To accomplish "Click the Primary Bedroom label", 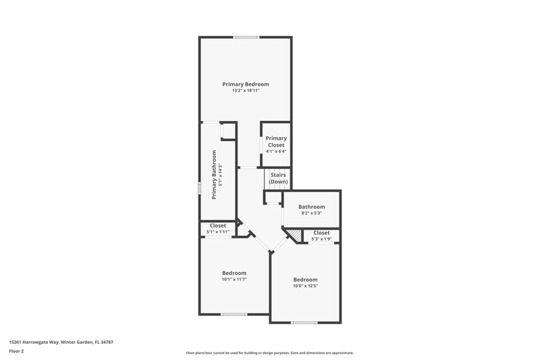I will click(246, 84).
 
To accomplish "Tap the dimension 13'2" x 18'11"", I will click(246, 91).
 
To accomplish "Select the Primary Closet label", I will click(275, 142).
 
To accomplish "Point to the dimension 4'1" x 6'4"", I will click(275, 151).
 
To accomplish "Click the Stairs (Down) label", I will click(278, 178).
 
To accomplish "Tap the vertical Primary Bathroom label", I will click(214, 174).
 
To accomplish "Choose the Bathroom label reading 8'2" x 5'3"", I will click(311, 207).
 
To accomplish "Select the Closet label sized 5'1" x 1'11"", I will click(217, 226).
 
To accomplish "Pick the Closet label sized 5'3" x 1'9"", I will click(321, 232).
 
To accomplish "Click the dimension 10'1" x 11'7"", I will click(234, 279).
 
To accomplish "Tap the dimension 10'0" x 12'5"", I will click(304, 286).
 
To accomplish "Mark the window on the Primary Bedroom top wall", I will click(246, 37).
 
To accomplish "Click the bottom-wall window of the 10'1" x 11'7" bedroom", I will click(234, 314).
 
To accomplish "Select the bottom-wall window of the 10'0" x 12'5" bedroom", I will click(304, 322).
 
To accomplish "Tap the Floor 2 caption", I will click(16, 352).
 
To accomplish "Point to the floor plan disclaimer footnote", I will click(269, 353).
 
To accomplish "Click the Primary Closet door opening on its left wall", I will click(262, 145).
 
